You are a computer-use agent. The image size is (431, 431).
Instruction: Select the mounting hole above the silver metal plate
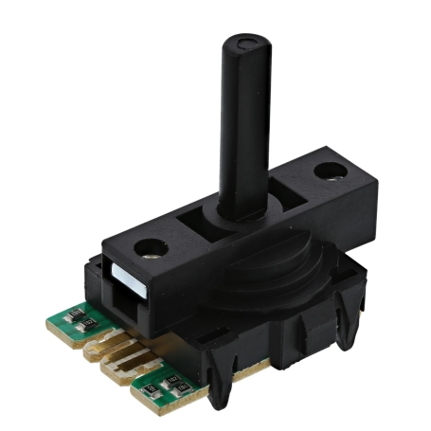[x=149, y=250]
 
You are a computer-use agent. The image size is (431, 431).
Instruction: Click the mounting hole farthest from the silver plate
[x=328, y=171]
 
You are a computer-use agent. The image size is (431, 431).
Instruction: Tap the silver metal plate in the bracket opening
[x=123, y=278]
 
